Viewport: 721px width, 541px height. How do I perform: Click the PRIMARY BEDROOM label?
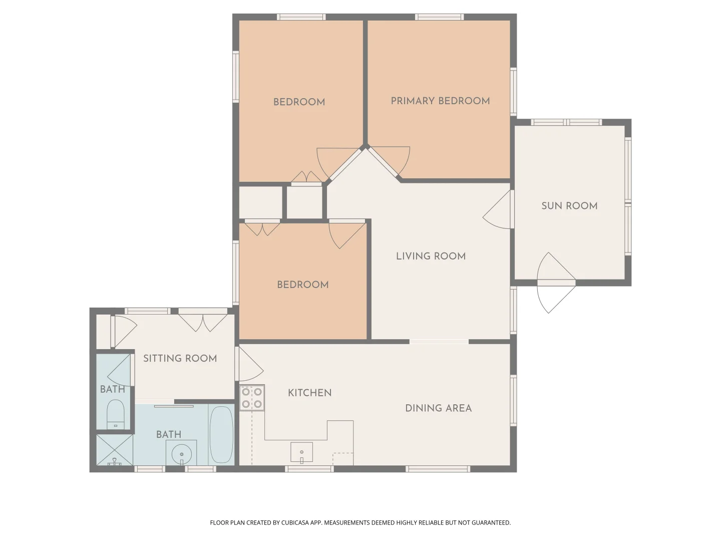coord(440,101)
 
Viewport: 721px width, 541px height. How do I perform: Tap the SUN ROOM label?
coord(569,206)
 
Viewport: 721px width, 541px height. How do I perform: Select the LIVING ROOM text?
coord(431,256)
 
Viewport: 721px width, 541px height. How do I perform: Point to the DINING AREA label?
coord(438,408)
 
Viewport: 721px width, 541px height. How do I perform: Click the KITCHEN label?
coord(309,393)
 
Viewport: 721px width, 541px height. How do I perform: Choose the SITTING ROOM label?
coord(180,358)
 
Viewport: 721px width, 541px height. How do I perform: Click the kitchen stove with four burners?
coord(252,397)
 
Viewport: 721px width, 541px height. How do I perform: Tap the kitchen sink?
coord(301,452)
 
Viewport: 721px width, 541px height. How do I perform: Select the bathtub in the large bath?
coord(221,435)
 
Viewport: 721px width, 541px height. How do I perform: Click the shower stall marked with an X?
coord(114,450)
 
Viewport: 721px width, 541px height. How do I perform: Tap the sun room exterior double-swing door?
coord(556,283)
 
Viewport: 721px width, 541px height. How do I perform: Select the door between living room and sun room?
coord(497,209)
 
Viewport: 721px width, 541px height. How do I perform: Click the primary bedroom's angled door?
coord(389,161)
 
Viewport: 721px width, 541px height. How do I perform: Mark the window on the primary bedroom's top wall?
coord(440,17)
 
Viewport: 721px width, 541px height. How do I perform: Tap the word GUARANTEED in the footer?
coord(491,522)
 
